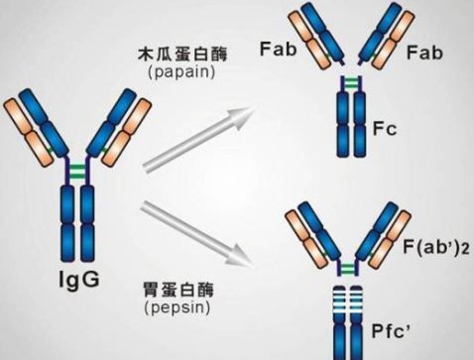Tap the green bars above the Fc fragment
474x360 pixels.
pos(349,78)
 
